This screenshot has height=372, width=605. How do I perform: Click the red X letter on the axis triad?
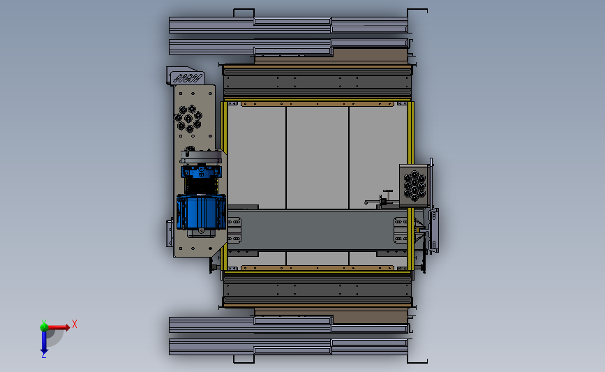pyautogui.click(x=75, y=324)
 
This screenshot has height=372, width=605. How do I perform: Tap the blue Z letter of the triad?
pyautogui.click(x=43, y=355)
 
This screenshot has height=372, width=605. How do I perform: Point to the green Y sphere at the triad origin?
pyautogui.click(x=44, y=327)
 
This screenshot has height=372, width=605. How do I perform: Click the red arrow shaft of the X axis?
pyautogui.click(x=57, y=327)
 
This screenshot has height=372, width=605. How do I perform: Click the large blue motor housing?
pyautogui.click(x=201, y=212)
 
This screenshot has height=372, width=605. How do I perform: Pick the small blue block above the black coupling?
pyautogui.click(x=201, y=171)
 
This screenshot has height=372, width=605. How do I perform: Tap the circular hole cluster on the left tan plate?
pyautogui.click(x=188, y=119)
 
